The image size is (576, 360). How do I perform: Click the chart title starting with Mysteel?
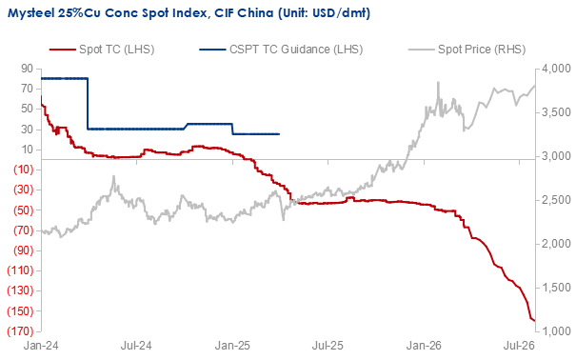(189, 13)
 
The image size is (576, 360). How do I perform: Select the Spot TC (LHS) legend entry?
(102, 50)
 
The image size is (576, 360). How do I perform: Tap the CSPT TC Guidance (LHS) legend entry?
(281, 50)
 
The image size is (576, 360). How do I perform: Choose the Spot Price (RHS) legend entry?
(467, 50)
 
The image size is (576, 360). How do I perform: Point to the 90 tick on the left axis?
(27, 69)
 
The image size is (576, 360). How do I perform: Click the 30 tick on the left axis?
(27, 130)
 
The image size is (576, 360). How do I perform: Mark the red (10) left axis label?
(23, 170)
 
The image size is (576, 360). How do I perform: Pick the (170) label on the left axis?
(20, 331)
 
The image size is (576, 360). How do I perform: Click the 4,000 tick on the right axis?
(556, 69)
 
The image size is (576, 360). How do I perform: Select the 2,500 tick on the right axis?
(556, 200)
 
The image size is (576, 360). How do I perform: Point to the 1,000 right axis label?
(556, 331)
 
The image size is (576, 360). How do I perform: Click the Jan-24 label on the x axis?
(41, 346)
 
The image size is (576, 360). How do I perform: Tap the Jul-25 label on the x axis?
(328, 346)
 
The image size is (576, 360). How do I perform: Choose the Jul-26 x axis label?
(519, 346)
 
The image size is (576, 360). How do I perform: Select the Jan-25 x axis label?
(232, 346)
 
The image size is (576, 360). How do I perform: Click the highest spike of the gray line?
(438, 82)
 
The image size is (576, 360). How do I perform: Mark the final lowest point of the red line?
(534, 321)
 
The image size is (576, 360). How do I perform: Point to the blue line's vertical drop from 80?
(88, 104)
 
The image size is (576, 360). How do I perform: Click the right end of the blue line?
(279, 134)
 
